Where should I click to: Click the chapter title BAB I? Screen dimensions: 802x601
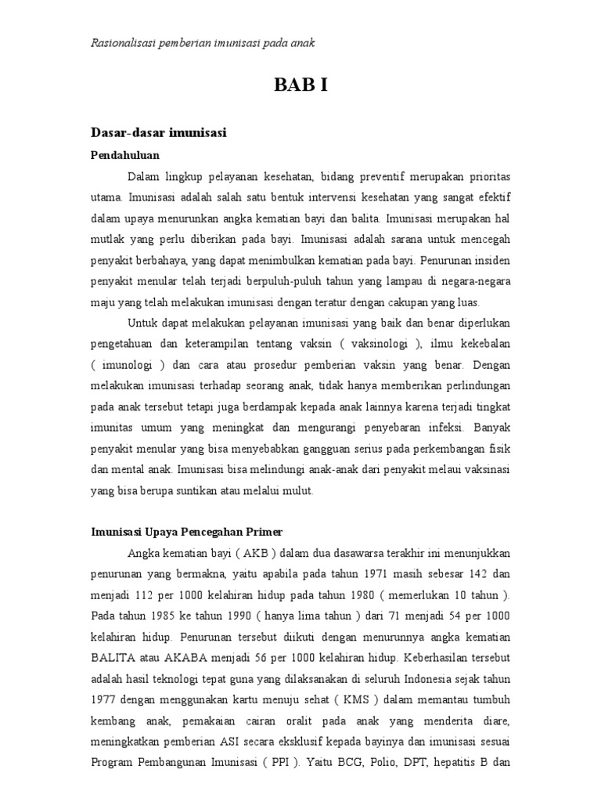tap(300, 85)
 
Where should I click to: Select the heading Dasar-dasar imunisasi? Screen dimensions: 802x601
tap(159, 133)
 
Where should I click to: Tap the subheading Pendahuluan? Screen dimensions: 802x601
tap(124, 155)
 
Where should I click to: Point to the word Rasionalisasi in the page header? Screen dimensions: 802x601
tap(123, 42)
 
